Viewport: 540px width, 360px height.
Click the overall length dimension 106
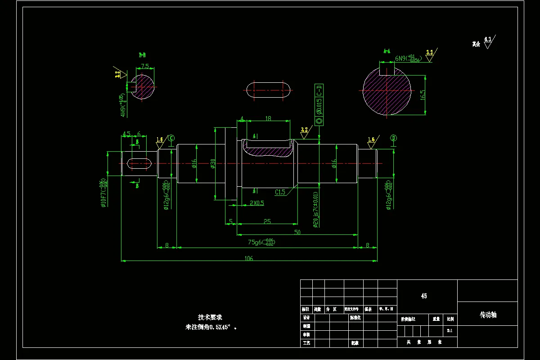(x=249, y=258)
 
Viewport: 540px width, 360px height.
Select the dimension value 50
(x=297, y=232)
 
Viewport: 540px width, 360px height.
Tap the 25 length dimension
(x=267, y=221)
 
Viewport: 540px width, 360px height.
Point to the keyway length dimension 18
(x=268, y=119)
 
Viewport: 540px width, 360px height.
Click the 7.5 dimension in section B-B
(x=145, y=66)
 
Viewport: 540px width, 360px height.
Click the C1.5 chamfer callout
(x=280, y=192)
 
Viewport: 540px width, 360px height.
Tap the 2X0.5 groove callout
(x=256, y=203)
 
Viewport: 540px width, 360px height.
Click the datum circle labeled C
(x=171, y=138)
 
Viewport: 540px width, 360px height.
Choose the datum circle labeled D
(x=393, y=138)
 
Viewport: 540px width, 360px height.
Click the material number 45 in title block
(x=424, y=296)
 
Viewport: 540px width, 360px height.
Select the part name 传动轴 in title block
(x=488, y=315)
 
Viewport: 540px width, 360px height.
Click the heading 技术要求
(x=211, y=317)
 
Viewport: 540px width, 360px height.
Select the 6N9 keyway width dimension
(x=408, y=59)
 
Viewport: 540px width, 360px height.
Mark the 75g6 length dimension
(x=261, y=242)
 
